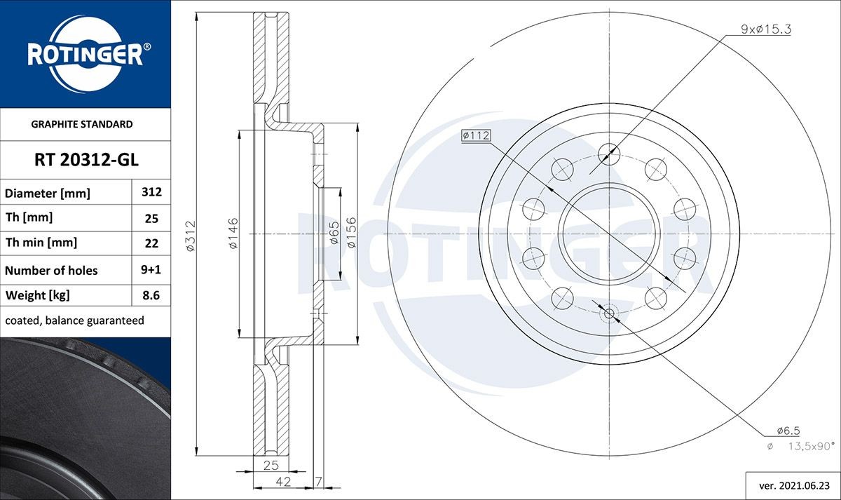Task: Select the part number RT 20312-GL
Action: coord(86,160)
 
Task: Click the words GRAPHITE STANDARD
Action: coord(82,124)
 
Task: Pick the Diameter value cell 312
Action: coord(151,192)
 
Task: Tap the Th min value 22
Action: coord(151,243)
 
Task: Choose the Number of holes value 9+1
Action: coord(151,270)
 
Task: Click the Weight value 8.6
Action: coord(151,295)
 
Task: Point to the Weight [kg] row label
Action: coord(38,295)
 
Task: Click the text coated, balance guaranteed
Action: coord(74,320)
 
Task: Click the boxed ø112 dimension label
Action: coord(474,136)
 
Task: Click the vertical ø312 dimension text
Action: coord(190,235)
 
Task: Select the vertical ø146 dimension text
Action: coord(233,233)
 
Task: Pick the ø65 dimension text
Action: coord(334,233)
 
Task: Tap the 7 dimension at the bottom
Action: coord(318,481)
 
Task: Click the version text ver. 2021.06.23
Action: coord(791,484)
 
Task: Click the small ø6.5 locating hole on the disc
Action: coord(608,314)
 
